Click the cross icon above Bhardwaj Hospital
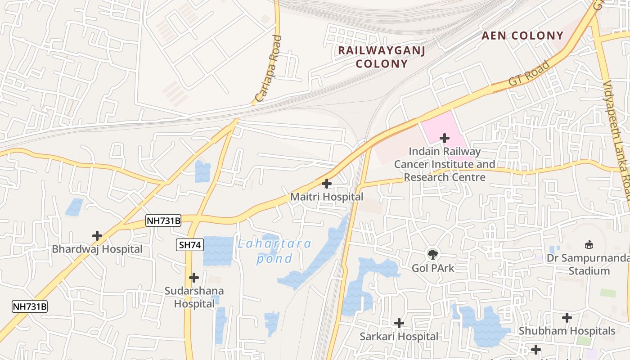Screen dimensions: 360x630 [x=97, y=235]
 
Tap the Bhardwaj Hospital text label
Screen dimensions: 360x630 [x=97, y=249]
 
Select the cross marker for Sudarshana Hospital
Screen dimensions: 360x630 [x=194, y=278]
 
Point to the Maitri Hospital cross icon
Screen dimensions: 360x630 [x=327, y=184]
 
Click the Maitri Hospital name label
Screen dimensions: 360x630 [x=327, y=197]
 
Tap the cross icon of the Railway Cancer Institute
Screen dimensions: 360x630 [x=445, y=138]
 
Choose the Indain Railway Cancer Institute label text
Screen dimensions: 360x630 [x=445, y=164]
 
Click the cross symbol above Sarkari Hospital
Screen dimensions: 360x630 [x=399, y=323]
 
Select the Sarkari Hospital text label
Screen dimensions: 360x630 [x=399, y=336]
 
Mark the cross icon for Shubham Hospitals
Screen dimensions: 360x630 [x=567, y=318]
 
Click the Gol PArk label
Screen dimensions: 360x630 [x=433, y=268]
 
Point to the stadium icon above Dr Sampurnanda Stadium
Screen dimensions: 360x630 [x=589, y=245]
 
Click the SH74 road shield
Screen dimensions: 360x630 [x=190, y=245]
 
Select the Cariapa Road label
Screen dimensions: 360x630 [x=268, y=68]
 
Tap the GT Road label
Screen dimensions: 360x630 [x=529, y=74]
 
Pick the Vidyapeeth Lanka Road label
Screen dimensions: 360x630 [x=617, y=139]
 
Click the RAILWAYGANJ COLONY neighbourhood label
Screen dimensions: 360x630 [x=382, y=57]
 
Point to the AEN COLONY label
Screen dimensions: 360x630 [x=522, y=36]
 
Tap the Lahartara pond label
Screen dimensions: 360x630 [x=274, y=251]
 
